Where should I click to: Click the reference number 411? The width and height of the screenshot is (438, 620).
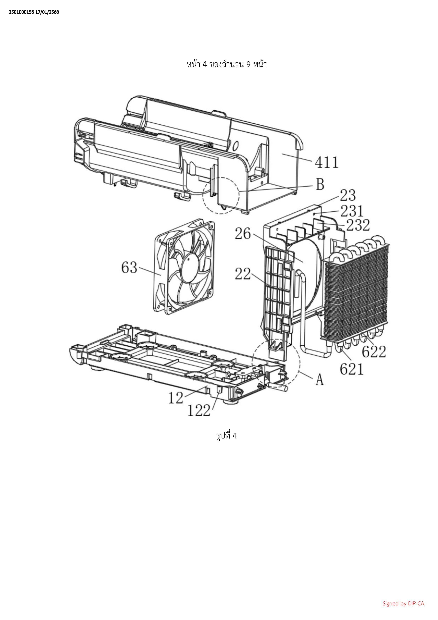[327, 163]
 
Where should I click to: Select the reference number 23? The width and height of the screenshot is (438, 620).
[348, 195]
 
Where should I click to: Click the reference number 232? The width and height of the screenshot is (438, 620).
[358, 225]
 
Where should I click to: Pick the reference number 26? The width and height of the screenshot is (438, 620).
[243, 234]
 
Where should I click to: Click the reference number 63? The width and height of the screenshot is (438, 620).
[129, 268]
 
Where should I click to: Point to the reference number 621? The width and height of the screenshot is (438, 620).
[352, 369]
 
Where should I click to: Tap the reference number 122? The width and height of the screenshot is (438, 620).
[199, 411]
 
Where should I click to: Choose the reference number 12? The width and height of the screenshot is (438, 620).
[176, 398]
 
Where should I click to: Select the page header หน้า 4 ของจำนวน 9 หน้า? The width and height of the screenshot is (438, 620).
[227, 64]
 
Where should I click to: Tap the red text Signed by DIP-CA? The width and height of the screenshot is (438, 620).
[403, 604]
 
